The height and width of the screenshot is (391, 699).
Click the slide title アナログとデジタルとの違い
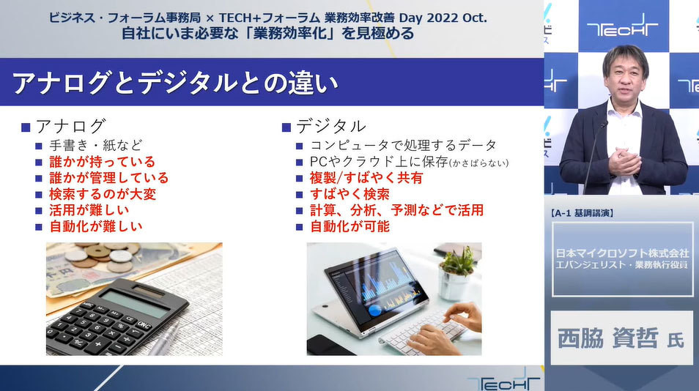coord(175,83)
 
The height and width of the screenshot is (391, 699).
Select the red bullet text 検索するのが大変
coord(103,194)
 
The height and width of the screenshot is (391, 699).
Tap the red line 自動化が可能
coord(349,227)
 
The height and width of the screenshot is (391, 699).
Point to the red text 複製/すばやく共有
coord(366,178)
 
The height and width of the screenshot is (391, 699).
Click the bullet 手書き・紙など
coord(96,145)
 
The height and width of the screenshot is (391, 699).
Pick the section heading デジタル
coord(330,127)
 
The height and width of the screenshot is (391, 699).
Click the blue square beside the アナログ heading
coord(26,128)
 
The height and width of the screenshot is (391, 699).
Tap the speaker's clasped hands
coord(625,160)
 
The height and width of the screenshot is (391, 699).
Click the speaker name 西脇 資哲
coord(607,338)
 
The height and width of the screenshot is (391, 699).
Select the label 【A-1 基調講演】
coord(582,213)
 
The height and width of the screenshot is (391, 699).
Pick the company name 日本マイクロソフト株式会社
coord(622,253)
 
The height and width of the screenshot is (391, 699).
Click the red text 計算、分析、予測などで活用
coord(396,210)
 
